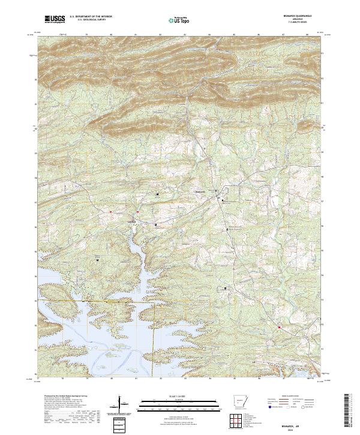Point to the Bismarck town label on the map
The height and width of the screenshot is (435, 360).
pos(201,191)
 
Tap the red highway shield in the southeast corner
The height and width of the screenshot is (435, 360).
pos(280,327)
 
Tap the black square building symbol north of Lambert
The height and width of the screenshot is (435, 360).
pos(158,194)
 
